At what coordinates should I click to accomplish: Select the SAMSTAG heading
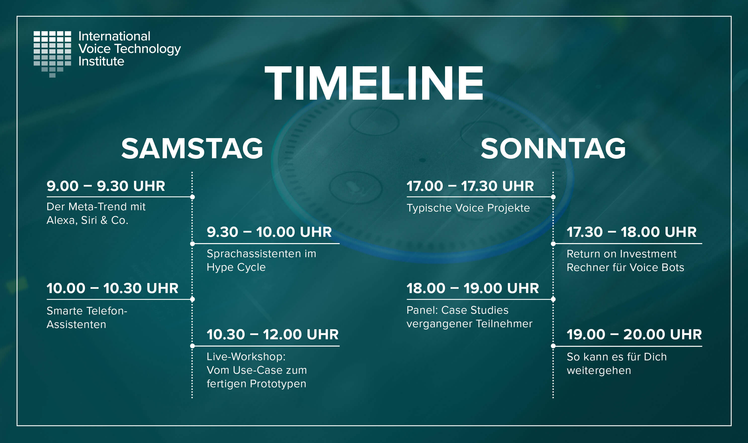pos(192,148)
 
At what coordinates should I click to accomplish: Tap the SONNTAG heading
pos(553,148)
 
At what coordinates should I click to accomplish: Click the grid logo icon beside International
pos(52,54)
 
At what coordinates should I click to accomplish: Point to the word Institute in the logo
pos(101,61)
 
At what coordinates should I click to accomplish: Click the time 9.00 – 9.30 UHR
pos(106,186)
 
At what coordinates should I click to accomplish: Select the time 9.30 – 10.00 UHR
pos(269,232)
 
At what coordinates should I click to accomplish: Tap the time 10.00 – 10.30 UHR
pos(112,288)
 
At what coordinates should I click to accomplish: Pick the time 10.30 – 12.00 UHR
pos(273,334)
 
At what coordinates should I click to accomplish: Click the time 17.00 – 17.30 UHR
pos(470,186)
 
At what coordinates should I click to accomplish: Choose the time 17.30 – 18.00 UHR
pos(631,232)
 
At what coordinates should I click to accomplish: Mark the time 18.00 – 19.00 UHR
pos(473,288)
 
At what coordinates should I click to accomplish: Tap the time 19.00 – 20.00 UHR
pos(634,334)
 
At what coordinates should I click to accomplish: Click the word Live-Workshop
pos(246,356)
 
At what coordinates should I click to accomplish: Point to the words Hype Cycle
pos(236,267)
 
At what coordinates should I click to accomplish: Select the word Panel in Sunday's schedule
pos(422,310)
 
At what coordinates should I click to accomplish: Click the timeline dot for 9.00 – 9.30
pos(192,197)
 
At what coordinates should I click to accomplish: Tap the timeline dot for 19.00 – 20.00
pos(553,346)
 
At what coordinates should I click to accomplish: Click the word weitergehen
pos(599,371)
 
